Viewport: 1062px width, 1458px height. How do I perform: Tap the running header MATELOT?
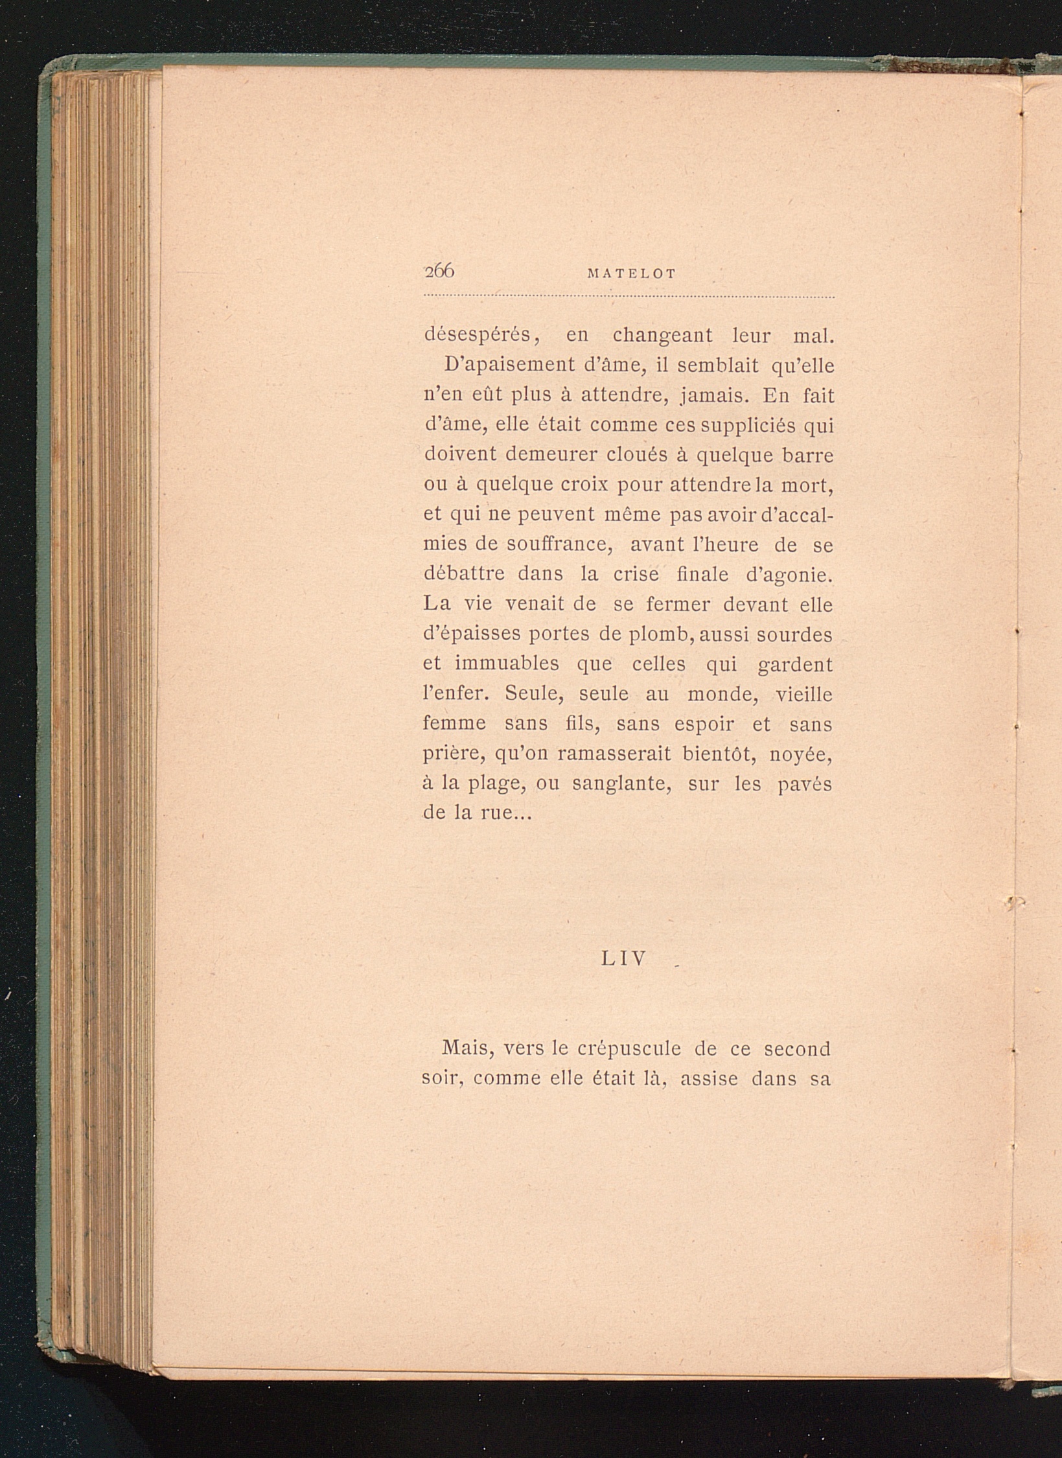631,274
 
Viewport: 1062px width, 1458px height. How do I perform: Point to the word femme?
454,723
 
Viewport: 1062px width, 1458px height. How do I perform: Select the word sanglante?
621,784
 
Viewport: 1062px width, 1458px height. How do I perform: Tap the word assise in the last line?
709,1079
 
